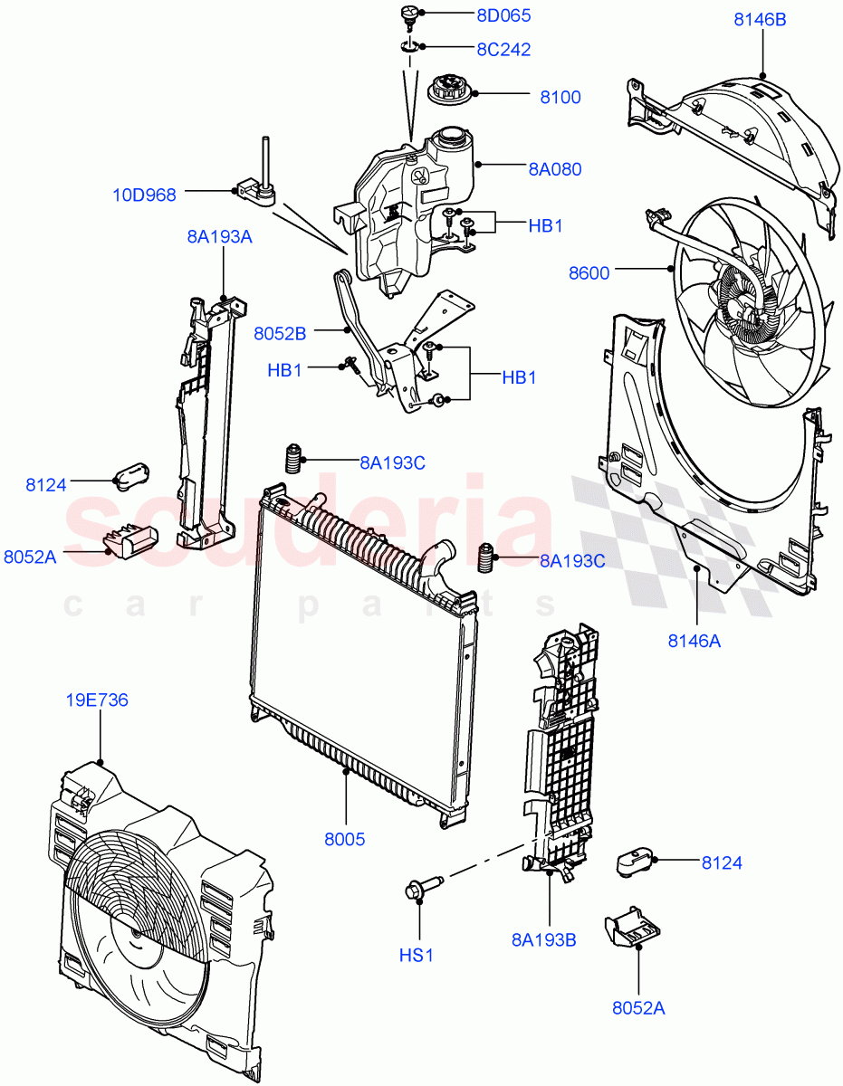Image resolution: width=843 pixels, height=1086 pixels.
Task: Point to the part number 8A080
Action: coord(554,168)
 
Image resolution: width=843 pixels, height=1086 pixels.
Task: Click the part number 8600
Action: coord(589,272)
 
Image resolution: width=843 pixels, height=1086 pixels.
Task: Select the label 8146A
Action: coord(695,641)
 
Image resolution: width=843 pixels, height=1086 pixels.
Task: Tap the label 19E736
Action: coord(96,700)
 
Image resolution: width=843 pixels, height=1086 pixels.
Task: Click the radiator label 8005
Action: coord(345,839)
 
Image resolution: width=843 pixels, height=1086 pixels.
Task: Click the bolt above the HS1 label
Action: coord(423,888)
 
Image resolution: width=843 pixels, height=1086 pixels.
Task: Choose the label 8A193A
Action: coord(220,237)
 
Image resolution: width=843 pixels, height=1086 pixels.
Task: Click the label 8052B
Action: coord(281,333)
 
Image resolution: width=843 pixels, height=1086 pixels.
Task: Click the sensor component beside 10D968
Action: coord(256,185)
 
